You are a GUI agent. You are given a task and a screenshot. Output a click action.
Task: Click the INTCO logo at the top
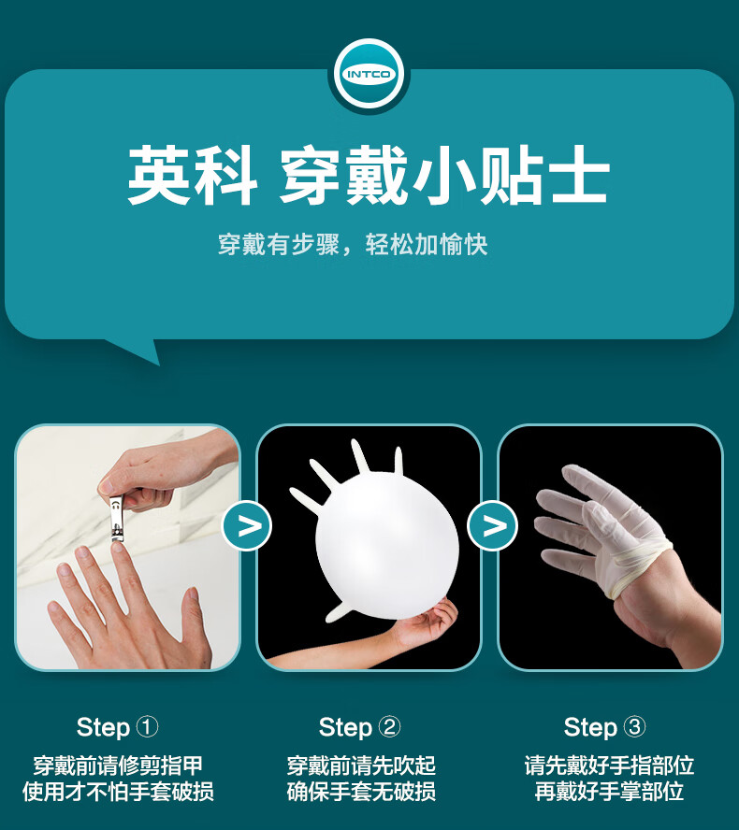point(369,74)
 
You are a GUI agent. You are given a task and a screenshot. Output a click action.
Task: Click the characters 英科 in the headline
point(193,176)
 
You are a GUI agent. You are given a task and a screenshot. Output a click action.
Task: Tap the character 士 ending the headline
point(581,176)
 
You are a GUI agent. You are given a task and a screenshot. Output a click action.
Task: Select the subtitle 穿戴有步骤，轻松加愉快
point(353,245)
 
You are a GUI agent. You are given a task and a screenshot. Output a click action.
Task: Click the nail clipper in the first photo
point(117,518)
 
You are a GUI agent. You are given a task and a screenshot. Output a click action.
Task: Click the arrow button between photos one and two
point(246,526)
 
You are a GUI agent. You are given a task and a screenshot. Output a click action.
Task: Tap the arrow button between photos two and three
point(492,525)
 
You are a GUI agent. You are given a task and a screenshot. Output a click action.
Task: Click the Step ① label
point(117,727)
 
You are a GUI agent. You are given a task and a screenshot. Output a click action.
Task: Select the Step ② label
point(360,727)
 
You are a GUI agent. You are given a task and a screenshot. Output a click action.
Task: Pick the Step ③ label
point(604,727)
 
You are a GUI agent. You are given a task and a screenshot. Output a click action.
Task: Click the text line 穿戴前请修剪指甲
point(118,766)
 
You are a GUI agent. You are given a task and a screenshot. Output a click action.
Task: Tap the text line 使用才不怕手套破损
point(118,792)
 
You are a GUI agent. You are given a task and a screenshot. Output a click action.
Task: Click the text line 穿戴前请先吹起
point(361,766)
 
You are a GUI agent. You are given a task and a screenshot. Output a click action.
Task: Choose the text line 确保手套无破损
point(361,792)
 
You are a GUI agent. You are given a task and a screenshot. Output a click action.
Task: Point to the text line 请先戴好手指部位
point(609,766)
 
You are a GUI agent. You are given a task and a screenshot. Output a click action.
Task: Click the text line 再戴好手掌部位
point(609,792)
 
